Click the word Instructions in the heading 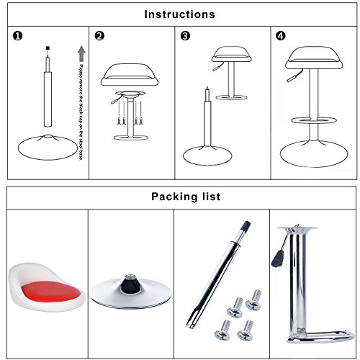click(179, 14)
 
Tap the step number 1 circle click(17, 36)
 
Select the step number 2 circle click(99, 36)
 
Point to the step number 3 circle click(185, 36)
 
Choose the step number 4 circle click(281, 36)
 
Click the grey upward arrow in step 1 click(81, 53)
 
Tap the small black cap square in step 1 click(48, 48)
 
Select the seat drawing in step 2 click(130, 75)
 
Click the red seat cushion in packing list click(51, 292)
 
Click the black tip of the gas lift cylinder click(246, 227)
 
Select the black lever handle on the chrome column click(278, 259)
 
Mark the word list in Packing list click(212, 197)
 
